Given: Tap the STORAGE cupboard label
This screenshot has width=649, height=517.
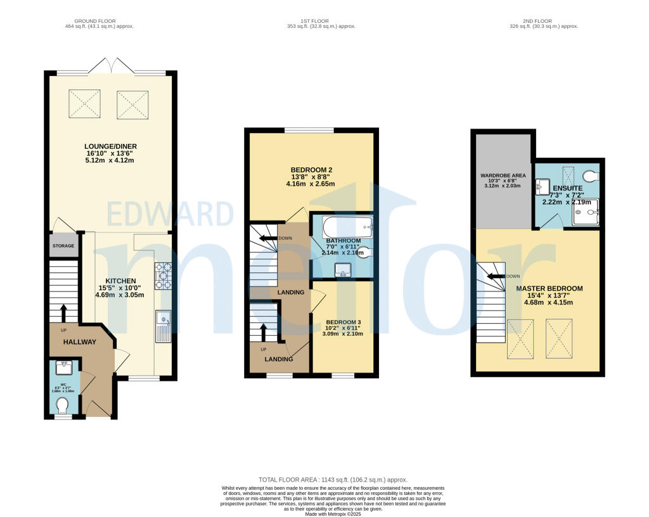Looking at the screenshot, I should (63, 246).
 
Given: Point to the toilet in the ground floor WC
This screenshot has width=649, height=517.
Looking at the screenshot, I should (63, 405).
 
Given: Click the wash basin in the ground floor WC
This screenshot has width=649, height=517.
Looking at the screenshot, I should (63, 367).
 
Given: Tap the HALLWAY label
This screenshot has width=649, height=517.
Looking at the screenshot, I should (79, 342).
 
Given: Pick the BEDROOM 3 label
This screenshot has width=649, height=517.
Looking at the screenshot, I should (343, 322).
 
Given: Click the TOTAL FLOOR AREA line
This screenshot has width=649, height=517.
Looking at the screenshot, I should (333, 480).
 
